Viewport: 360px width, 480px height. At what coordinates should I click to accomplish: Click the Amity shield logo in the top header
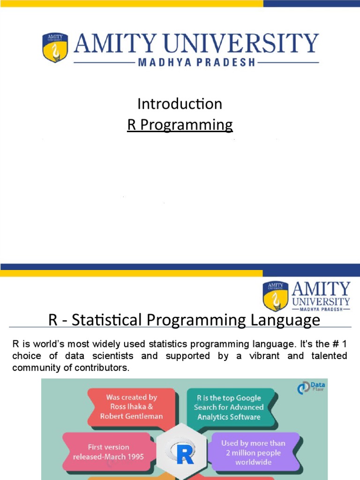pos(55,48)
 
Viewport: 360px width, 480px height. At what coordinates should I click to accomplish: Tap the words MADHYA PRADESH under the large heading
pos(196,62)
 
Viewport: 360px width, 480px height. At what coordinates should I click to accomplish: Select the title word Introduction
pos(180,104)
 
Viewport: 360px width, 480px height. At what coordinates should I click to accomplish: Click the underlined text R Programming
pos(180,125)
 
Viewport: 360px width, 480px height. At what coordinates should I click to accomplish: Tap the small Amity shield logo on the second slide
pos(275,296)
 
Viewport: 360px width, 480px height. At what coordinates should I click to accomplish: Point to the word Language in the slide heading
pos(287,320)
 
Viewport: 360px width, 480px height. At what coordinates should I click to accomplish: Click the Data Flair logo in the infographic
pos(312,387)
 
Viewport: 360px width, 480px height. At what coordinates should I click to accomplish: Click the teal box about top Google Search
pos(229,407)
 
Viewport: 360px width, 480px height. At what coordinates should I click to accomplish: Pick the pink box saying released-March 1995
pos(108,452)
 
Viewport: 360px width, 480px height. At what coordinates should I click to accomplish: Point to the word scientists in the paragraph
pos(112,356)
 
